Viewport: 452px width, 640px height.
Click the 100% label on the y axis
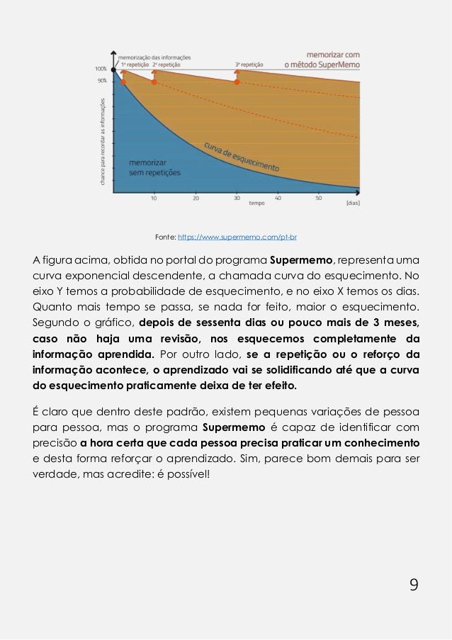(101, 69)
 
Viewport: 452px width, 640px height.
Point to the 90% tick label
(102, 82)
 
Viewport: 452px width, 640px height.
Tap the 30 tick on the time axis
(236, 198)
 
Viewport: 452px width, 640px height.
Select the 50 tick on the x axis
(319, 198)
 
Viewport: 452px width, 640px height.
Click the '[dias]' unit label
(353, 203)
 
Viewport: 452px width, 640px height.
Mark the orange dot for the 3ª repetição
(237, 82)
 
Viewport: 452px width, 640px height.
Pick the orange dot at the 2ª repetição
(154, 82)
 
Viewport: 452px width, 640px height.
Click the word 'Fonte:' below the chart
(164, 236)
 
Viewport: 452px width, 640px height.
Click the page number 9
(414, 584)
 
